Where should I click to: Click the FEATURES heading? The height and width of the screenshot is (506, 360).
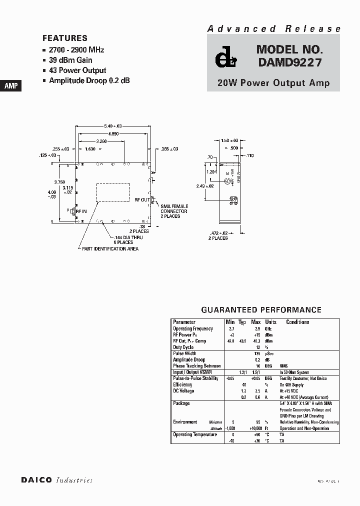(x=65, y=38)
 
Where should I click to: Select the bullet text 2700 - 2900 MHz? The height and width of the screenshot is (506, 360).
(x=76, y=50)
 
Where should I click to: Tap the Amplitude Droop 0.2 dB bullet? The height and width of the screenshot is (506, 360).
(x=89, y=80)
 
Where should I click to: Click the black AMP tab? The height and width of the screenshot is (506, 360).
(x=11, y=86)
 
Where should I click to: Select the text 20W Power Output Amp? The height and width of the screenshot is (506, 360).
(x=273, y=83)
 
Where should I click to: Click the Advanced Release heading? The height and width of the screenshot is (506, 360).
(x=274, y=29)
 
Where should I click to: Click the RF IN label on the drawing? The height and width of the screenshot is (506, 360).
(x=81, y=211)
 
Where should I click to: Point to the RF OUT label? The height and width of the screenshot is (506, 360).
(x=142, y=199)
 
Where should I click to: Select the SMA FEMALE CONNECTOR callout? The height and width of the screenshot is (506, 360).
(x=174, y=211)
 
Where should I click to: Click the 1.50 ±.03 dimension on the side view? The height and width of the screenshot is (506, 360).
(x=230, y=141)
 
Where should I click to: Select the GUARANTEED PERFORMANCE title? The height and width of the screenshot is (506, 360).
(x=261, y=310)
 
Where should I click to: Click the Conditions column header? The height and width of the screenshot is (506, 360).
(x=298, y=322)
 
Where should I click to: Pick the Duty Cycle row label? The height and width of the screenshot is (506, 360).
(x=183, y=347)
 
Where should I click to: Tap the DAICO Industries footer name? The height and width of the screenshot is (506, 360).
(x=56, y=480)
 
